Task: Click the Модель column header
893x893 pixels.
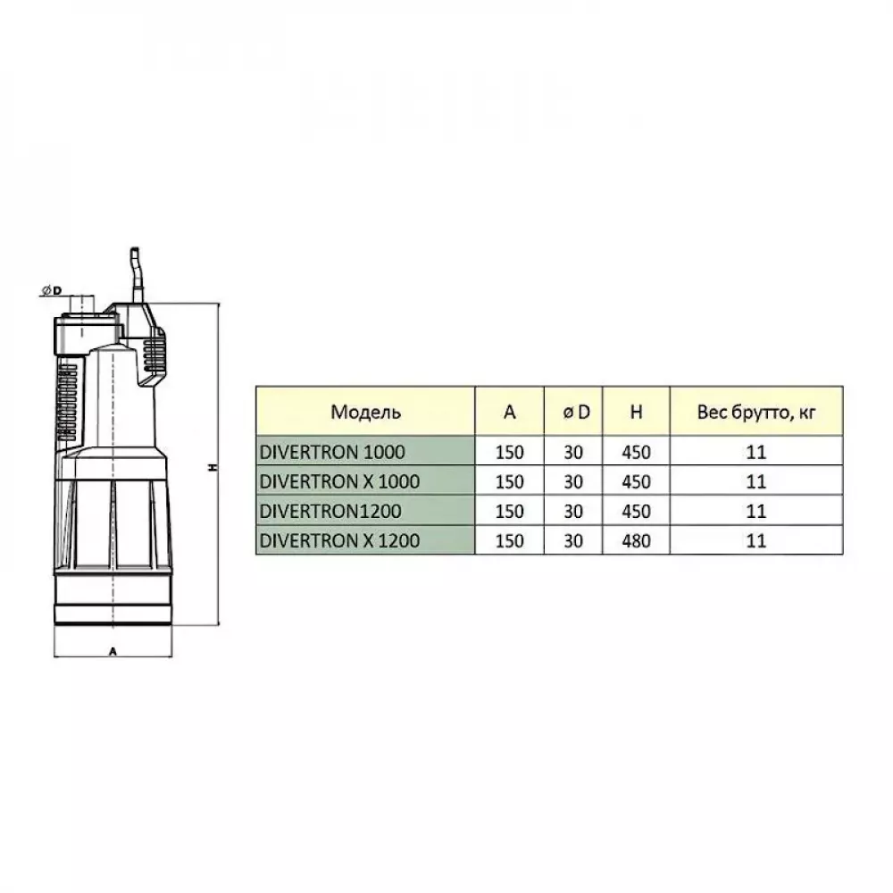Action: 365,412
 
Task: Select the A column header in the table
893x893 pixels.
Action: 510,412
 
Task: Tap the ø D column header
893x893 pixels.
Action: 576,412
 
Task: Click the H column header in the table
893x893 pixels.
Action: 636,412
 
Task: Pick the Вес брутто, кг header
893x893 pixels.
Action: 756,413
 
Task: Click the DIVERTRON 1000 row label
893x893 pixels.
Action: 332,452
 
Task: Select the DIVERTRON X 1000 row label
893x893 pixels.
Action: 339,482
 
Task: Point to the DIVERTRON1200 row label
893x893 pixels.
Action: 330,512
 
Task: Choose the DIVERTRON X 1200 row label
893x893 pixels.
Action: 339,540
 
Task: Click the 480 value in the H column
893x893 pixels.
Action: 636,540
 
